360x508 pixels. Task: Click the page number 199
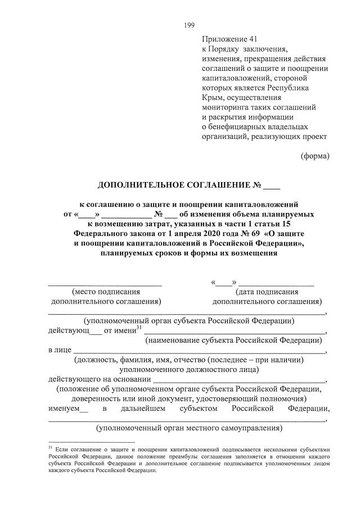[x=188, y=25]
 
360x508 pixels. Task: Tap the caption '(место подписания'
[x=106, y=292]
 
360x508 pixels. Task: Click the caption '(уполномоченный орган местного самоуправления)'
[x=188, y=428]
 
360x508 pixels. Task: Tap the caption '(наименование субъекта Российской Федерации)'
[x=233, y=340]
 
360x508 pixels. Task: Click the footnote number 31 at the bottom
[x=51, y=448]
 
